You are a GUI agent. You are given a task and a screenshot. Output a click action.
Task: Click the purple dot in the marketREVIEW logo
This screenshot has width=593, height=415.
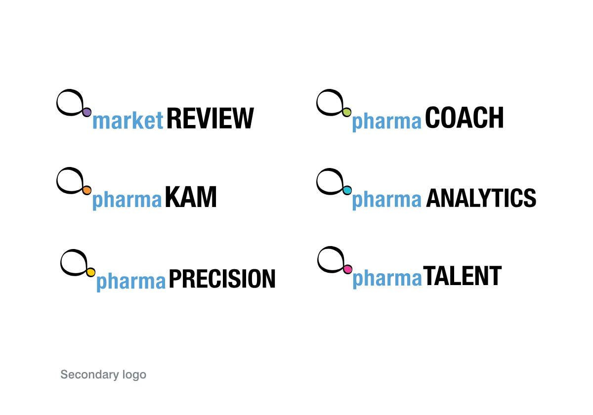click(86, 112)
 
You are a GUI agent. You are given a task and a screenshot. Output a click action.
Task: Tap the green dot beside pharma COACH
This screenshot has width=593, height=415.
click(346, 112)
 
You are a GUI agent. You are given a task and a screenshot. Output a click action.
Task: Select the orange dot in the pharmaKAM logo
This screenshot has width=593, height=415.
click(86, 190)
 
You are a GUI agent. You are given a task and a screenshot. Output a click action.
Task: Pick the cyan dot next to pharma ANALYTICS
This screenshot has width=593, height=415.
click(347, 190)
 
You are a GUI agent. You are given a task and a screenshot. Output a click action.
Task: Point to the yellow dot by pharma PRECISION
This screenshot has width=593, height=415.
click(91, 272)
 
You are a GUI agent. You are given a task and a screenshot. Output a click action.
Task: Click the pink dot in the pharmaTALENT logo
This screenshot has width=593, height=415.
click(347, 269)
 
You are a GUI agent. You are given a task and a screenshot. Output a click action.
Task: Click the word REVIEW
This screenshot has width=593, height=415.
click(210, 118)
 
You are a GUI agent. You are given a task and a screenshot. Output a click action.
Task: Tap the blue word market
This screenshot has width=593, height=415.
click(128, 121)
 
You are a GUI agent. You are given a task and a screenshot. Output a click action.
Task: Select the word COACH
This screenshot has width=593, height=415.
click(464, 118)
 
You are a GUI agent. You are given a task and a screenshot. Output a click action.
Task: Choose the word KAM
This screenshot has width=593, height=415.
click(191, 197)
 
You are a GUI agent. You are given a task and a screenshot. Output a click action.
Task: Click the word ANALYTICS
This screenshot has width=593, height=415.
click(481, 198)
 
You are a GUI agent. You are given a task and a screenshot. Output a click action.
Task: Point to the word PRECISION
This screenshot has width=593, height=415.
click(222, 279)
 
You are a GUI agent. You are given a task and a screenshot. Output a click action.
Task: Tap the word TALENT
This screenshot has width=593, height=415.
click(462, 276)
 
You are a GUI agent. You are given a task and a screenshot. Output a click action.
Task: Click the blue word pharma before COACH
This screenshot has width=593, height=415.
click(386, 122)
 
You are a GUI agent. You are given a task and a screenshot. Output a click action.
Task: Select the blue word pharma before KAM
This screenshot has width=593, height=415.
click(127, 200)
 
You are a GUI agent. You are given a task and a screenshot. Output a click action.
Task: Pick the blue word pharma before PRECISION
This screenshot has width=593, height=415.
click(131, 282)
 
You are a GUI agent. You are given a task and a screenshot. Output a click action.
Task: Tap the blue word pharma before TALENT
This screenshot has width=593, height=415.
click(387, 279)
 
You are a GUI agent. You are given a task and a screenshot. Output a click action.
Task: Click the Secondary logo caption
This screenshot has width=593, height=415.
click(103, 375)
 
